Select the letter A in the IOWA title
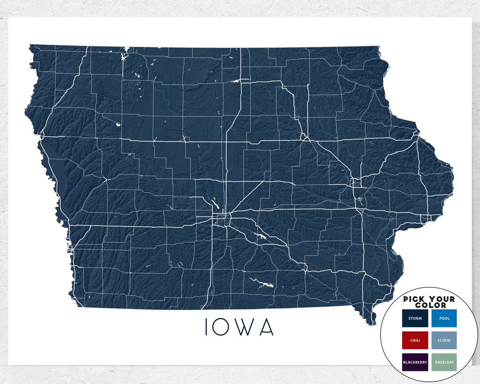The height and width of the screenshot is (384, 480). tap(266, 327)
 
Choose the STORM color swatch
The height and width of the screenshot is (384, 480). tap(415, 318)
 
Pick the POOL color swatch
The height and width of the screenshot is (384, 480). tap(444, 318)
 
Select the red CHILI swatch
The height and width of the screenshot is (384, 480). tap(415, 340)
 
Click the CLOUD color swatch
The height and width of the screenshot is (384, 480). tap(444, 340)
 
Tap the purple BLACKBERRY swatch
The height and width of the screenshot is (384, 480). tap(415, 362)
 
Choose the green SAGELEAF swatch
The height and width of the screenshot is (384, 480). tap(444, 362)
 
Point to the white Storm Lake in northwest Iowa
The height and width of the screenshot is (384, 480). tap(118, 125)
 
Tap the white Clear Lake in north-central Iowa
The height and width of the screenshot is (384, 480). tap(235, 81)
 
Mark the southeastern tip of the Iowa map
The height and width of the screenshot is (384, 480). tap(368, 324)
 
